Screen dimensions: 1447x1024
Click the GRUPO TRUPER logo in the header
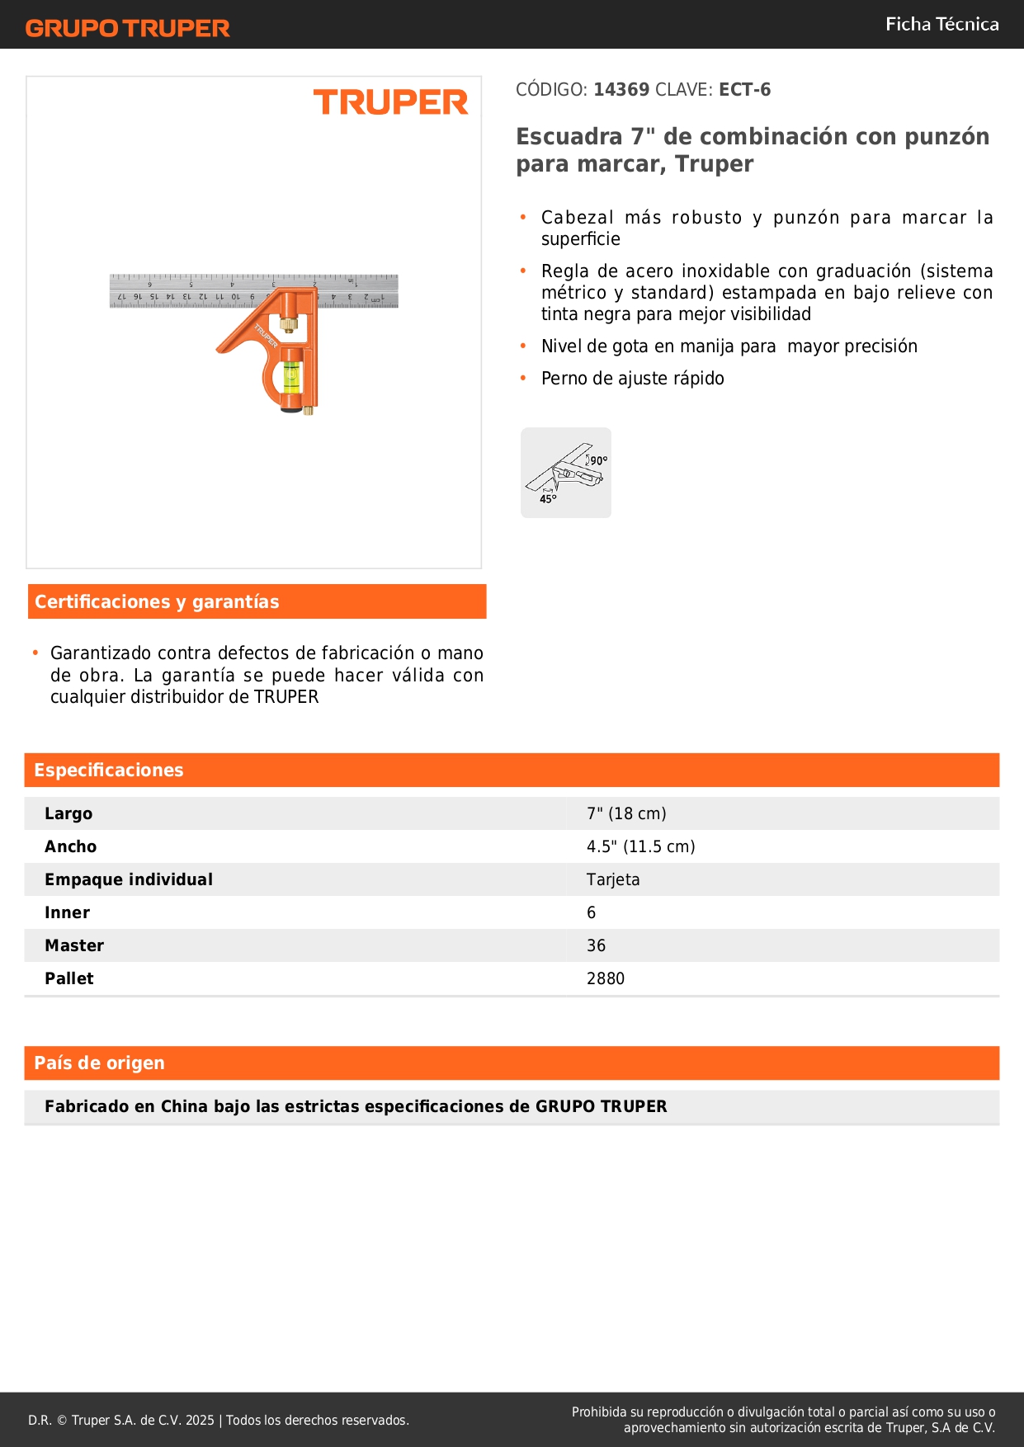click(x=127, y=28)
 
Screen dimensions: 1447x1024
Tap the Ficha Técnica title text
click(x=941, y=25)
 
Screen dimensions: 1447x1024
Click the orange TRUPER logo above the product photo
click(x=390, y=102)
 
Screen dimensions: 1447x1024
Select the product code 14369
click(x=621, y=90)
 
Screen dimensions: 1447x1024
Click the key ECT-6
click(x=744, y=90)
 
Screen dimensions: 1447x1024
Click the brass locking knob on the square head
click(x=288, y=323)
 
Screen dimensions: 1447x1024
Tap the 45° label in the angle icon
click(x=548, y=499)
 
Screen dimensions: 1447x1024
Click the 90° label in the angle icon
click(x=598, y=460)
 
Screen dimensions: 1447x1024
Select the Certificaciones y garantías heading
click(x=157, y=602)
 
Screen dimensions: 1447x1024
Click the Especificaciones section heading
click(x=109, y=771)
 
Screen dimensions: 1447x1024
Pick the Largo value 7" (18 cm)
click(x=626, y=813)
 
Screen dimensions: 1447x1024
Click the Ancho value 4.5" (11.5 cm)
click(x=640, y=846)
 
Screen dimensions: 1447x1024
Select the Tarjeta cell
click(x=613, y=879)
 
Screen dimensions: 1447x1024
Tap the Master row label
click(x=74, y=945)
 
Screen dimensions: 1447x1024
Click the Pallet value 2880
click(x=606, y=978)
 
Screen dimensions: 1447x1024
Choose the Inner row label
click(x=68, y=912)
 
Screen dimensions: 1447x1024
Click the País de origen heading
click(x=99, y=1063)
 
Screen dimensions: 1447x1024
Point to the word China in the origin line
click(x=184, y=1106)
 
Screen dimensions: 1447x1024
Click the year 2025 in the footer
click(x=200, y=1420)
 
